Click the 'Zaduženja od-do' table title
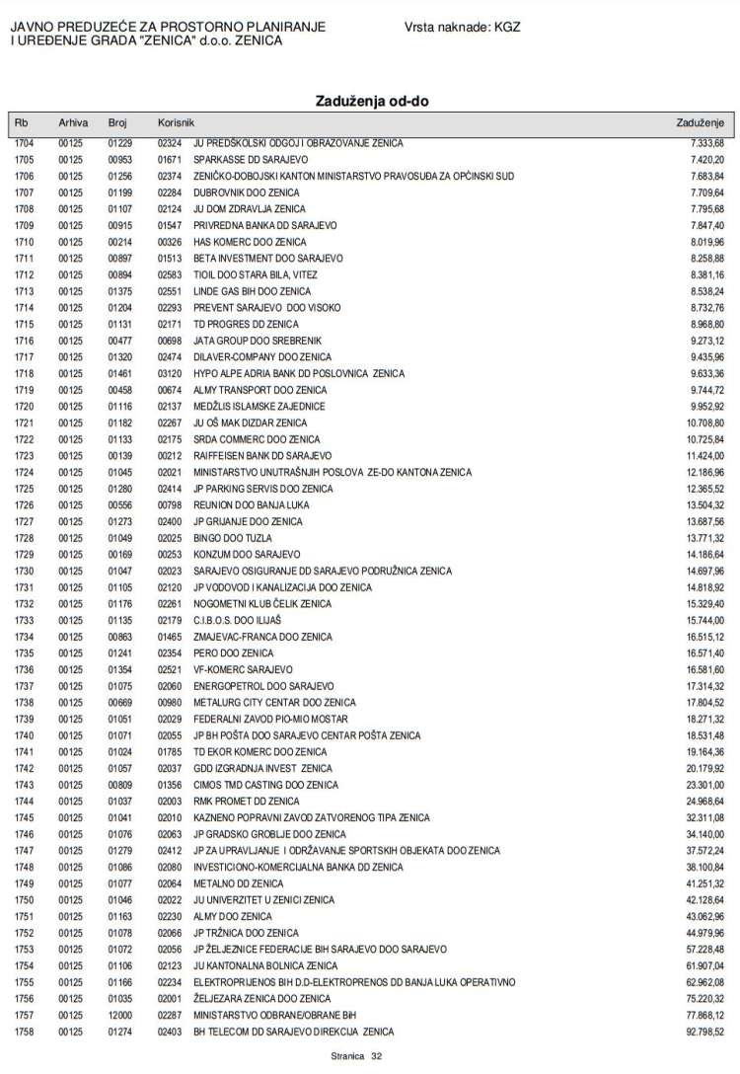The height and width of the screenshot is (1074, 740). (372, 101)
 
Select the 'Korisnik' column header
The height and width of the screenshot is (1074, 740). (177, 122)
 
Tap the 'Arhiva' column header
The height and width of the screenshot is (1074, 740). (73, 122)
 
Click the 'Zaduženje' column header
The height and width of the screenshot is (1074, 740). (700, 122)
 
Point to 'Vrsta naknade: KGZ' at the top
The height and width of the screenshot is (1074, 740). (461, 29)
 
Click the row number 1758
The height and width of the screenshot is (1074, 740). (25, 1032)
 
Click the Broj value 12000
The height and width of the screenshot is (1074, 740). (119, 1015)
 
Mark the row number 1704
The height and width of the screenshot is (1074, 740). (25, 143)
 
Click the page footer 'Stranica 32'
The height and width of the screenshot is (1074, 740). (356, 1056)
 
